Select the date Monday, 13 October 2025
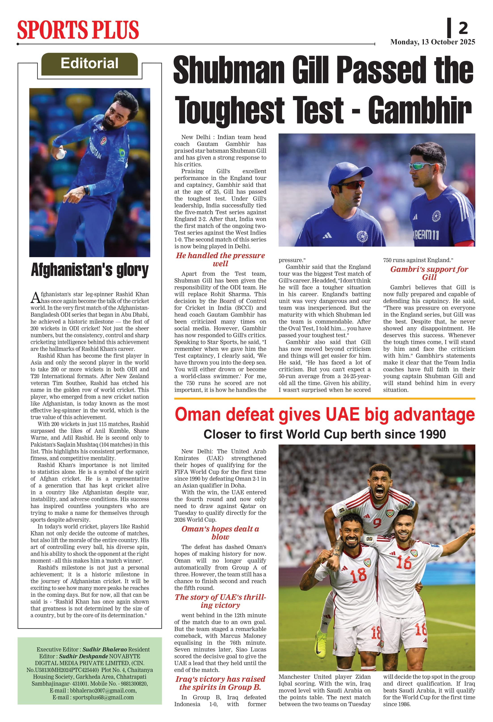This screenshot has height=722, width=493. [432, 42]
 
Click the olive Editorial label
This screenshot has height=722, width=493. [89, 64]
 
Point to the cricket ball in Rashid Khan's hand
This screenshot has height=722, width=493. [61, 153]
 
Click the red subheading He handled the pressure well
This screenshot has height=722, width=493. [220, 259]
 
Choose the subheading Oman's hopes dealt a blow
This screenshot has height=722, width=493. [220, 533]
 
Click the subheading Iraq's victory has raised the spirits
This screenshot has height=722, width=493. [220, 683]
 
